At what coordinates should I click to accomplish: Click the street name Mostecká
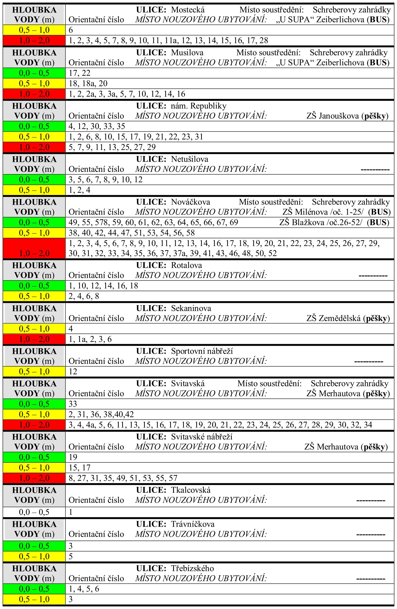[188, 10]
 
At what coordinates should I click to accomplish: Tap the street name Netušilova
[190, 159]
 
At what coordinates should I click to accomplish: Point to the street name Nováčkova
[190, 202]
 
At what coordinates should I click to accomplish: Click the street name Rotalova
[186, 265]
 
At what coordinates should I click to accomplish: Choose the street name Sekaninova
[191, 308]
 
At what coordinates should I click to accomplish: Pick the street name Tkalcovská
[191, 490]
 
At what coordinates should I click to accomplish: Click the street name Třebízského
[192, 568]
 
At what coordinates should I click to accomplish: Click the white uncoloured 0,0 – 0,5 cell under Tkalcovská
[34, 512]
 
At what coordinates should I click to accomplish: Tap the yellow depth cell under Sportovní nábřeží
[34, 371]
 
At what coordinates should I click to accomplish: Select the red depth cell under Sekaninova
[34, 339]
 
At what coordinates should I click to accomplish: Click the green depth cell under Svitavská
[34, 404]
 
